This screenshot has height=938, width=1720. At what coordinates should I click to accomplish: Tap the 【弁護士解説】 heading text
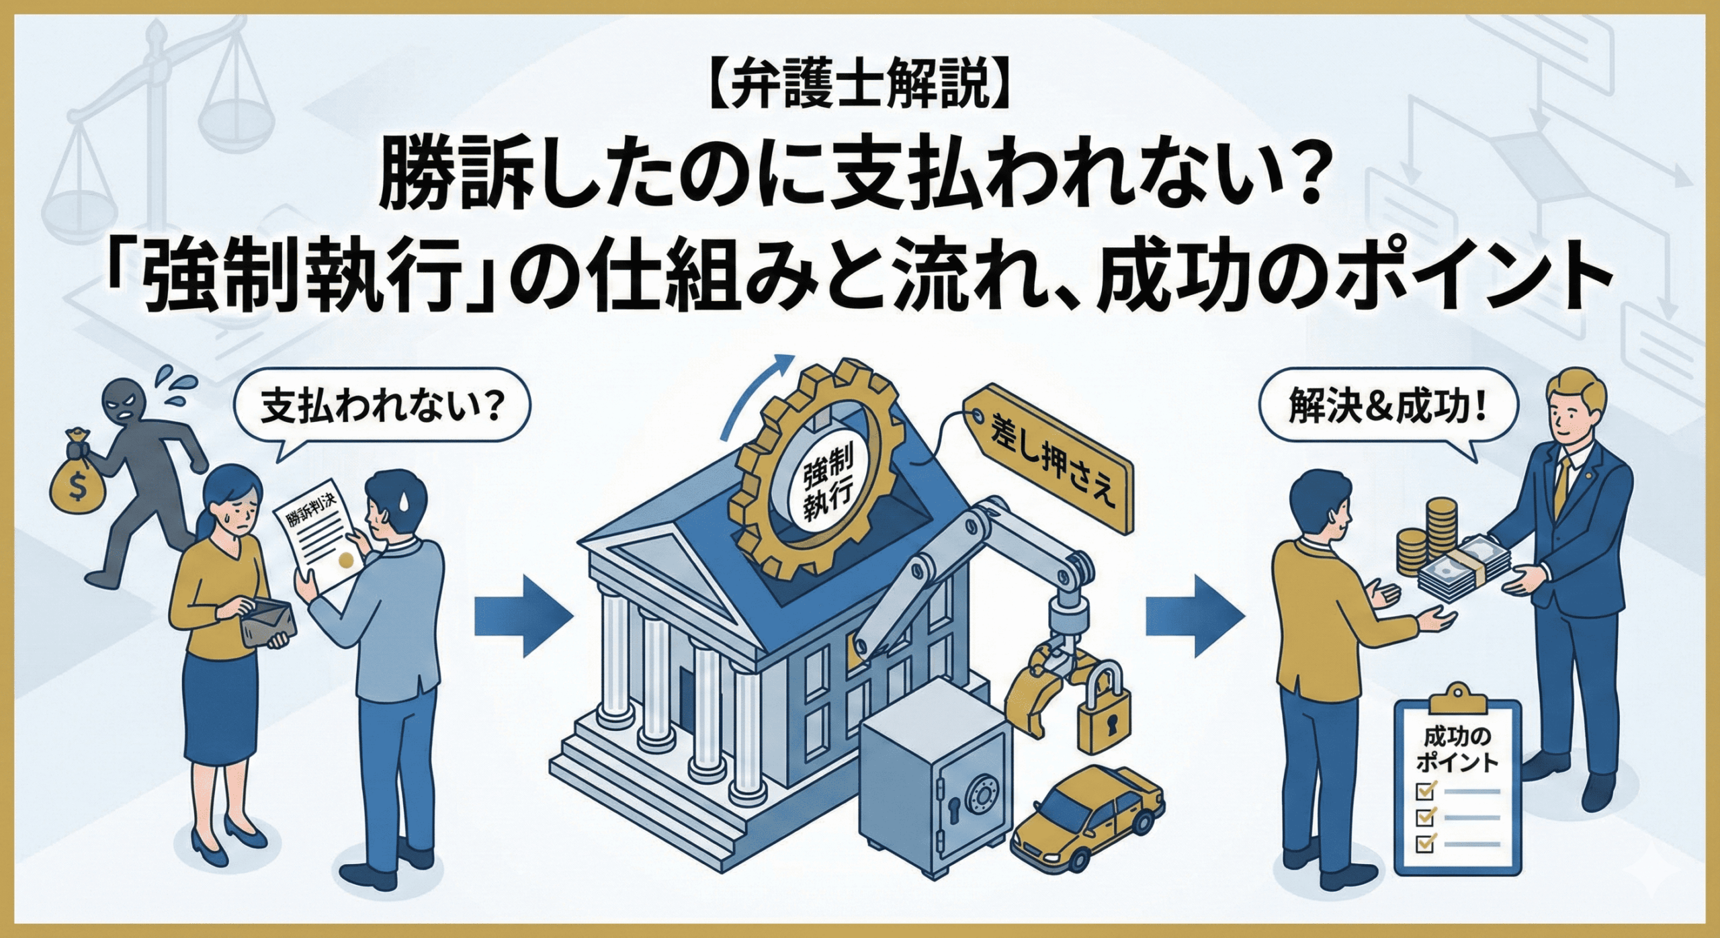(x=859, y=108)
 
